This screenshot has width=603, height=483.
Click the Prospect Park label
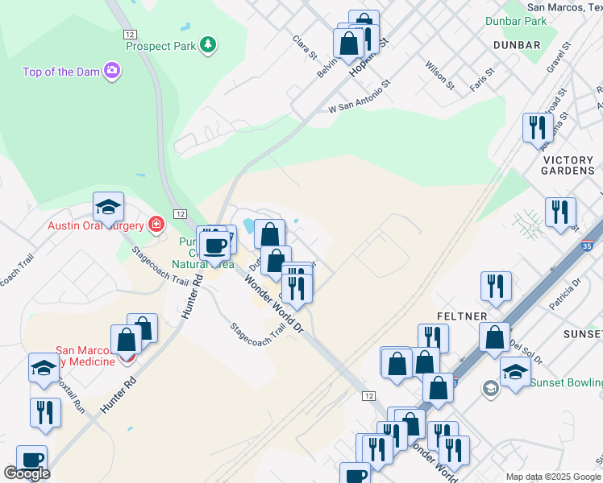tap(161, 46)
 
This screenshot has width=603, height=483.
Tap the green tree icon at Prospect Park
tap(209, 44)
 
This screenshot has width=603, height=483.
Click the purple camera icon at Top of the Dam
tap(112, 72)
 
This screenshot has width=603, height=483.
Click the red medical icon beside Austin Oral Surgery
tap(156, 224)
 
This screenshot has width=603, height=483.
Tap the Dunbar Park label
tap(516, 22)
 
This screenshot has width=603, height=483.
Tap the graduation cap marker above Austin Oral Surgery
tap(108, 207)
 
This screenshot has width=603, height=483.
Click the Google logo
tap(27, 473)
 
